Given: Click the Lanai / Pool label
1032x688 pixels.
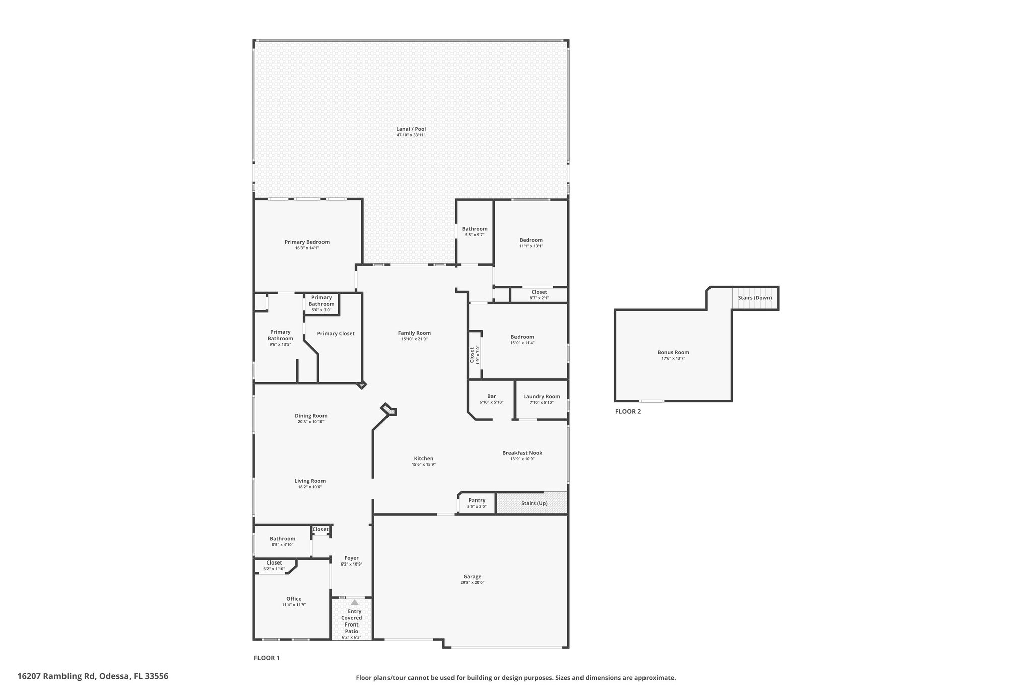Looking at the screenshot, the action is [x=411, y=129].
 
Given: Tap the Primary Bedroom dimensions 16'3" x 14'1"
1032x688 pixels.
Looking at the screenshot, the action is [x=307, y=248].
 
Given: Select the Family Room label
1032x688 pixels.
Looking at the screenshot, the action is [x=414, y=333].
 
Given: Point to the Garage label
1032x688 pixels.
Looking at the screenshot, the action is [x=472, y=577].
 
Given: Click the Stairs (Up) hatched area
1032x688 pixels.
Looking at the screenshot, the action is [x=532, y=503].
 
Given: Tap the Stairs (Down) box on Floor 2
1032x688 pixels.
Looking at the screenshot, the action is [x=755, y=298].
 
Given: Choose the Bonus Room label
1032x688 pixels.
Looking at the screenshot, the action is [x=673, y=353].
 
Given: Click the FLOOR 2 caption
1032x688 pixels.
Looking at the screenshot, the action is [x=628, y=411].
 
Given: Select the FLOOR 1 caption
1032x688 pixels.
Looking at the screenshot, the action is [x=266, y=658].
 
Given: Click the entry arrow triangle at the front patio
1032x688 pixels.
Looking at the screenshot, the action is [x=354, y=602].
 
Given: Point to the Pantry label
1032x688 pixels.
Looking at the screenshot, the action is [x=477, y=501].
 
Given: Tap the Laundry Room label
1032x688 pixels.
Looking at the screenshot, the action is [x=542, y=397].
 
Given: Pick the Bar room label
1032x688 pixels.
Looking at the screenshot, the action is [x=491, y=396].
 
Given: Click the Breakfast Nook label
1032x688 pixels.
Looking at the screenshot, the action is [x=522, y=453].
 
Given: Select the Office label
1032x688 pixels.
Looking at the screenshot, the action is [x=294, y=599].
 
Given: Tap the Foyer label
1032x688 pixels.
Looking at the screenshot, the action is [x=351, y=558].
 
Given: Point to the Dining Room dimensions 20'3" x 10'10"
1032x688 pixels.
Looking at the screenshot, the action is [x=311, y=422].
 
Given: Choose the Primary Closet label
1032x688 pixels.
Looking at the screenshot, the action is [x=336, y=334].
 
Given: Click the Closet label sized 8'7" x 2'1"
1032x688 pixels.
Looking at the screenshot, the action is [x=539, y=292].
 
